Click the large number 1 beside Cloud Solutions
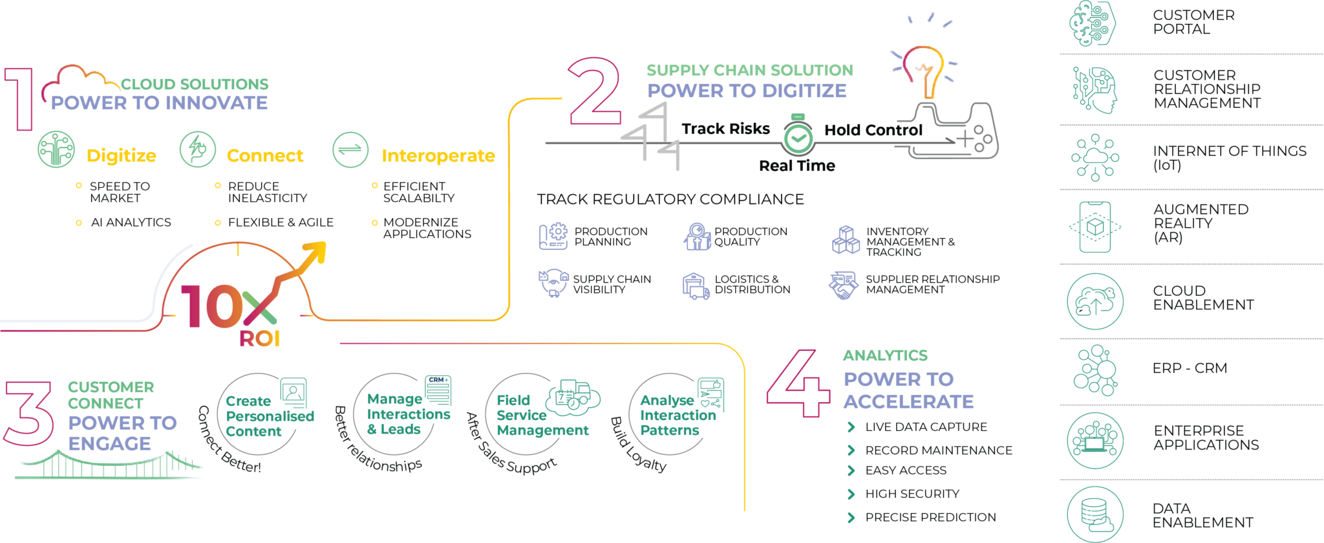[19, 99]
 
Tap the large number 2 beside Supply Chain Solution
[594, 91]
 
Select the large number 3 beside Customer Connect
[28, 414]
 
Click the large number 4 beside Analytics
[798, 384]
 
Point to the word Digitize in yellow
[121, 155]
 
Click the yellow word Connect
[265, 156]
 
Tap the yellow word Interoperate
[438, 156]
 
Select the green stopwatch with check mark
[798, 137]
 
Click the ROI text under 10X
[259, 338]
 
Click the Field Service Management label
[542, 416]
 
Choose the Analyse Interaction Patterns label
[677, 416]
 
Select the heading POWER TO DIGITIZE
[746, 91]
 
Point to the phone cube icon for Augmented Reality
[1095, 227]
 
